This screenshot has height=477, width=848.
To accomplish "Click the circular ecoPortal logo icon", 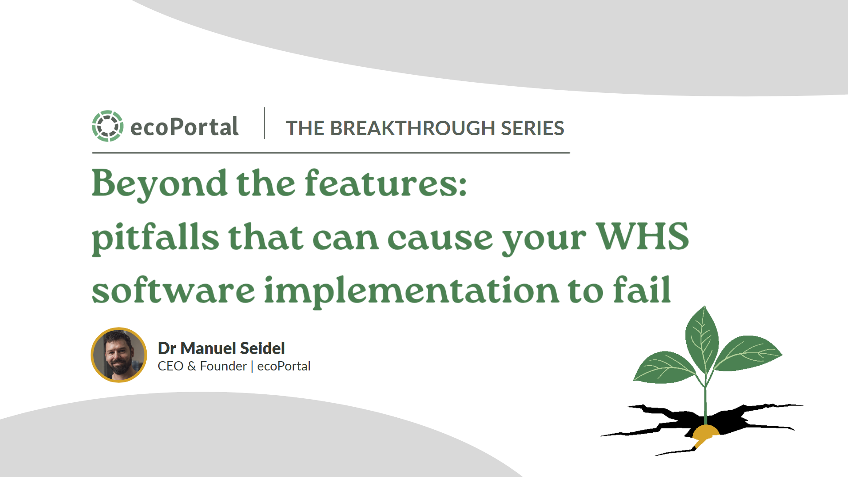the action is [x=107, y=126].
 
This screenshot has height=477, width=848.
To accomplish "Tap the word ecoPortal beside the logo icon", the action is [x=184, y=127].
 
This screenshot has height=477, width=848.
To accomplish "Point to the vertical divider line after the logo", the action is [x=264, y=123].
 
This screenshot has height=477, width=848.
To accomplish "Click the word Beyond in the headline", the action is [x=160, y=184].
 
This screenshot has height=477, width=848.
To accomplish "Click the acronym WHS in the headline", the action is [x=643, y=236].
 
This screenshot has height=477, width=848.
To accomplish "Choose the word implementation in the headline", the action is [x=411, y=291].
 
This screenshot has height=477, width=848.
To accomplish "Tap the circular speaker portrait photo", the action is [x=119, y=355].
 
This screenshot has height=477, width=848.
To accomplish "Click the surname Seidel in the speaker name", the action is [x=262, y=348].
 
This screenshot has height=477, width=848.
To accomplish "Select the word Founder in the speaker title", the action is [x=223, y=366].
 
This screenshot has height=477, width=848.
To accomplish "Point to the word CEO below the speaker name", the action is [x=171, y=366].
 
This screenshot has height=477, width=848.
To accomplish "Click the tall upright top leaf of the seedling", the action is [x=702, y=338].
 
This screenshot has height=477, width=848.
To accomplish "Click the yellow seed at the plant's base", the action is [x=705, y=433].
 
